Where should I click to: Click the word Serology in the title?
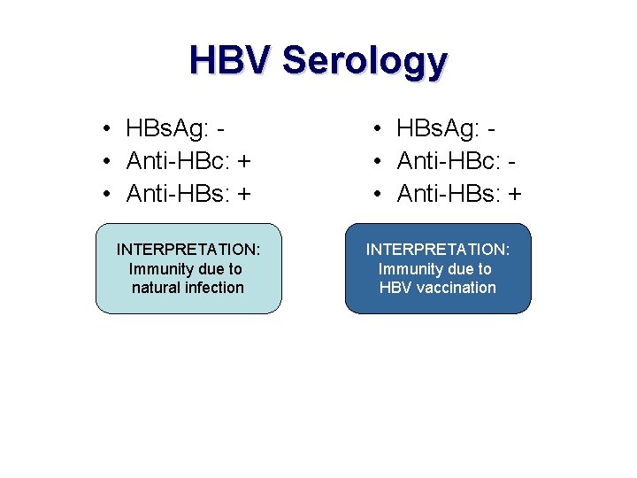(365, 62)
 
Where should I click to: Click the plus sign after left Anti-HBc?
(244, 161)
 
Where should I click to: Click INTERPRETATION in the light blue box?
(188, 250)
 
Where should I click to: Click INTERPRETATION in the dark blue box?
(438, 250)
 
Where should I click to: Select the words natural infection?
(188, 288)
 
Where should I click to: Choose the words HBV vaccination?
(438, 288)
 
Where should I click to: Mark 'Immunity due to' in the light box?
(186, 269)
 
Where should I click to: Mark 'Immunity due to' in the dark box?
(435, 269)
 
